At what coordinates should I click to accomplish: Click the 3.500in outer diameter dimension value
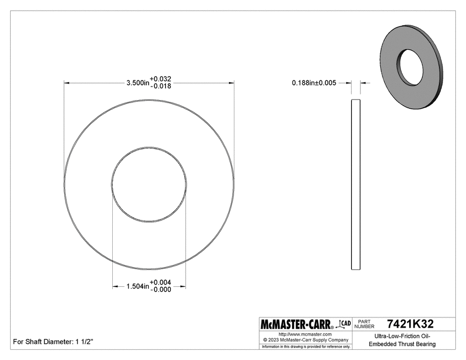137,83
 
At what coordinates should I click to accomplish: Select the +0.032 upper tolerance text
161,79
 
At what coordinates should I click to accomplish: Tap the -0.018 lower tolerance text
161,86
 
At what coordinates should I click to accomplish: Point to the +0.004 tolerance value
161,283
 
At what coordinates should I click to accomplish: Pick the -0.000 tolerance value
161,290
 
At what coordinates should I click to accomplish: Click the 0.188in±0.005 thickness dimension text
313,83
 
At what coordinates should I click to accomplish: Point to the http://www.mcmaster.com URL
305,334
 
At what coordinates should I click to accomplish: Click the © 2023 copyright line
305,340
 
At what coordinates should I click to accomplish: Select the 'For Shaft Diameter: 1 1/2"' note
53,342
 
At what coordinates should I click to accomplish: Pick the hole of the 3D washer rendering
411,67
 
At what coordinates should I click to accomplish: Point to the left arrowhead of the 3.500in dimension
67,83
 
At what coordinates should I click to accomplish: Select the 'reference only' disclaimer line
305,347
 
